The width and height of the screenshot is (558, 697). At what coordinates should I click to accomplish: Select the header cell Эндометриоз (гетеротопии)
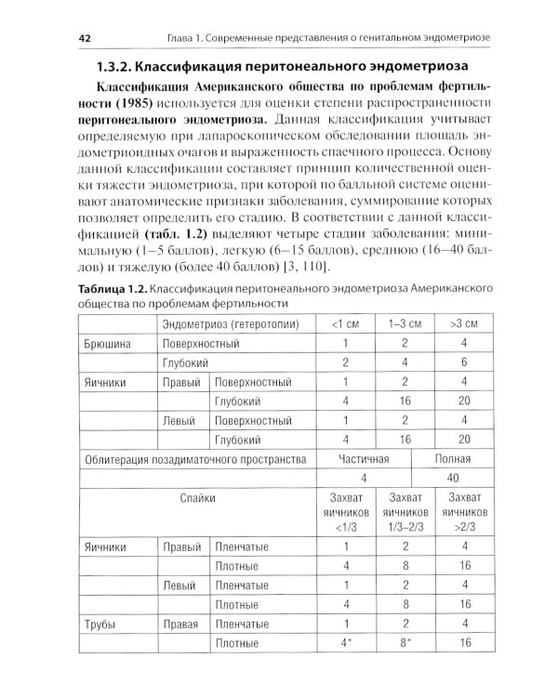click(227, 323)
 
